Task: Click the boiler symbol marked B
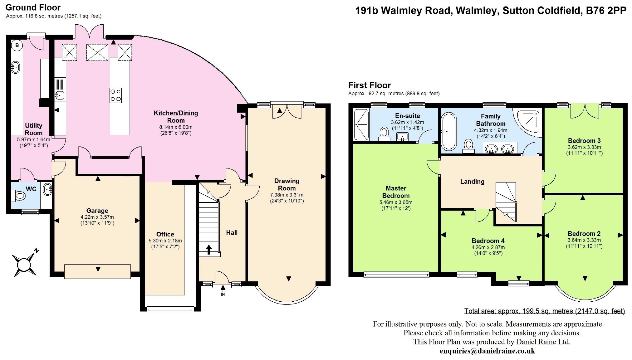tap(17, 46)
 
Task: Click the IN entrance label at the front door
tap(223, 294)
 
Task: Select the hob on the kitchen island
tap(115, 95)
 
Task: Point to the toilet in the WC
tap(19, 196)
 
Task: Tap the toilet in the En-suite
tap(384, 133)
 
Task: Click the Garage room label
tap(97, 211)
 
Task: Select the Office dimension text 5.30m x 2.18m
tap(165, 241)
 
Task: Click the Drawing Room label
tap(287, 184)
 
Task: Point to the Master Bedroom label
tap(396, 192)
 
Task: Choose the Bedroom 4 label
tap(488, 241)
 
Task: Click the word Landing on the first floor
tap(472, 182)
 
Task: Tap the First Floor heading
tap(370, 85)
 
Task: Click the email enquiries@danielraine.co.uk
tap(487, 351)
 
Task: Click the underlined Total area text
tap(545, 311)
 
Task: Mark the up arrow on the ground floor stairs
tap(209, 250)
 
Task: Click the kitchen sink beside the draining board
tap(60, 95)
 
